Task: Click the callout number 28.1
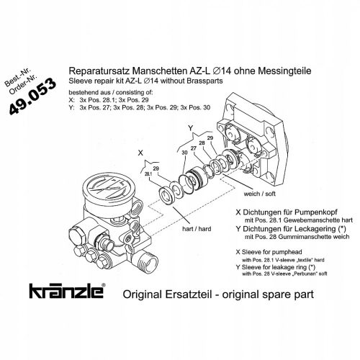148,174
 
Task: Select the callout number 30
184,153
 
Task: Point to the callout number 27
193,148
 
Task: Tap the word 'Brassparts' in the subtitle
206,81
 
